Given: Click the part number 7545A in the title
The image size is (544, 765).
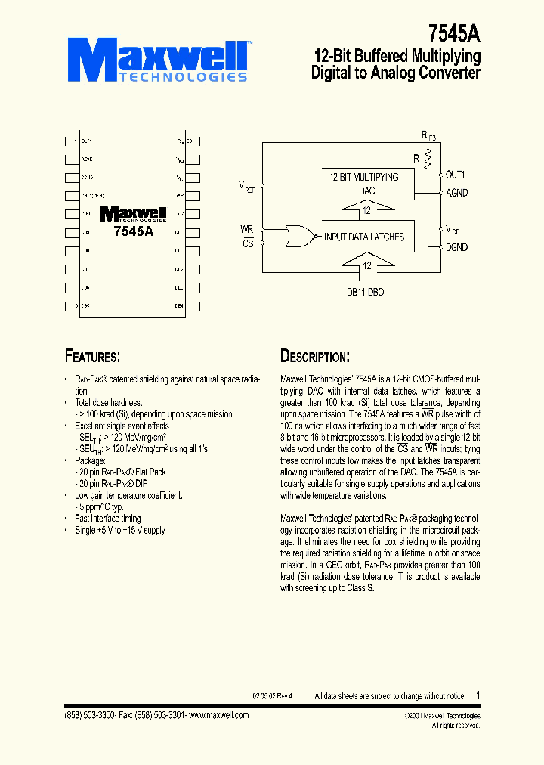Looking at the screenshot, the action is point(454,33).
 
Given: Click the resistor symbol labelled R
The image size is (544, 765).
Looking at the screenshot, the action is point(428,159).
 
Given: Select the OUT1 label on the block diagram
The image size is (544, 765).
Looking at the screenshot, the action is point(456,175).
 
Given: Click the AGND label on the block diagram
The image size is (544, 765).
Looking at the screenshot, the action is point(457,193).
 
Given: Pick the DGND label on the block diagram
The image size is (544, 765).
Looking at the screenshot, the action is point(457,247).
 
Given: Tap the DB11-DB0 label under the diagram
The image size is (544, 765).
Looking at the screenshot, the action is point(366,291).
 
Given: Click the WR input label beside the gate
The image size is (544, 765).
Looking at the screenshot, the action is point(246,228).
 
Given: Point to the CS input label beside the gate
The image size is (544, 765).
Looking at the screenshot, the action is point(247,243).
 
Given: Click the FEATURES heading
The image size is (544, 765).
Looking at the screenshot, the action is point(92,356).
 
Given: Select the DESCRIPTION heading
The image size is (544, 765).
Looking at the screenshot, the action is point(314,356).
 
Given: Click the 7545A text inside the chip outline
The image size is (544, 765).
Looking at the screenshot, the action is point(133,232).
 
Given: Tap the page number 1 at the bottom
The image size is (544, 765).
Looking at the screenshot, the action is point(478,695).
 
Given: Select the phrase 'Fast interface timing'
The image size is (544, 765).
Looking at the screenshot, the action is point(108,519).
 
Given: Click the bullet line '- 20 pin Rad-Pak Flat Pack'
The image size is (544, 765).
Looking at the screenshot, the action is point(121,472).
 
